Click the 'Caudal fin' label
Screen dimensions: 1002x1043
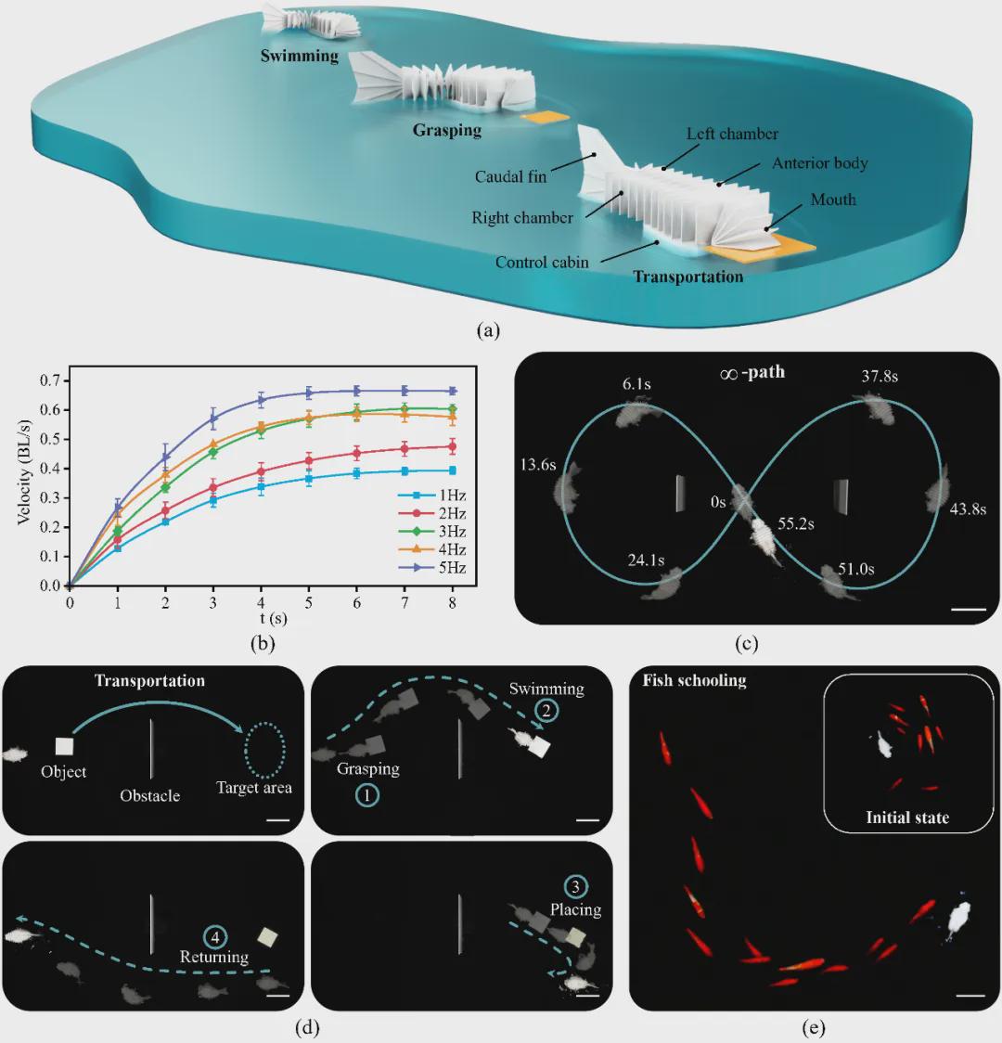coord(510,176)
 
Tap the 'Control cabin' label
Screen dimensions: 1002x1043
coord(542,262)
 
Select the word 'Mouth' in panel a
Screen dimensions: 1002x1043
coord(833,200)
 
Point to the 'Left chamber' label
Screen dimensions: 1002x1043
coord(732,134)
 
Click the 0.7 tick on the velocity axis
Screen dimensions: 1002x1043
coord(50,380)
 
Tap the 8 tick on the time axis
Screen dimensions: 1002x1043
coord(453,602)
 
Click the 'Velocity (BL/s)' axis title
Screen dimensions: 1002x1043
coord(24,472)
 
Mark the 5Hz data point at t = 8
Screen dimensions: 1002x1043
coord(453,392)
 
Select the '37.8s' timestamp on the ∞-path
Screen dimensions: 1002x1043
coord(880,377)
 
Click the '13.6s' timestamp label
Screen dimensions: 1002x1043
coord(538,464)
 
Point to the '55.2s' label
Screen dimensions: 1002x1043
coord(796,523)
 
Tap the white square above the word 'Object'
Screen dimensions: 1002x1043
coord(65,746)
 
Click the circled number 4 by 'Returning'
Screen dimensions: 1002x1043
coord(214,937)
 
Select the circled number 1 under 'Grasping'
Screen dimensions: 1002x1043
coord(366,795)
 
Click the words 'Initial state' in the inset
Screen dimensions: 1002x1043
coord(907,818)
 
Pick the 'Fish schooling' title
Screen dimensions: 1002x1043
coord(694,680)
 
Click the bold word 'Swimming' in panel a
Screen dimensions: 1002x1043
coord(299,56)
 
